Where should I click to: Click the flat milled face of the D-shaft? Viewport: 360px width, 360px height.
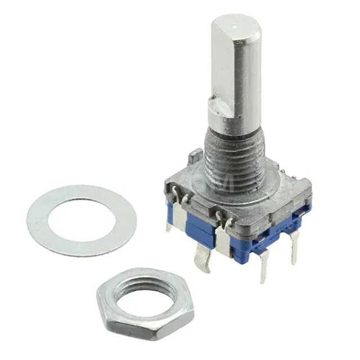[x=224, y=67]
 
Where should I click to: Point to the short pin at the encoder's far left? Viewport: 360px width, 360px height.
[x=169, y=225]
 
